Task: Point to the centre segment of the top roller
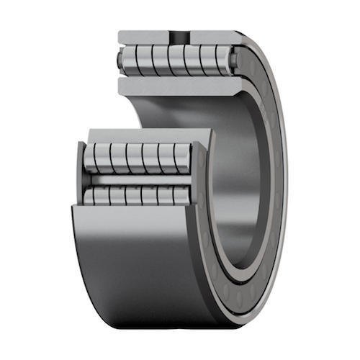176,60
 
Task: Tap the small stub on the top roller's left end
120,61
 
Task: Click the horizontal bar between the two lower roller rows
137,180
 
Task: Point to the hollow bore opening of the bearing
238,180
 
